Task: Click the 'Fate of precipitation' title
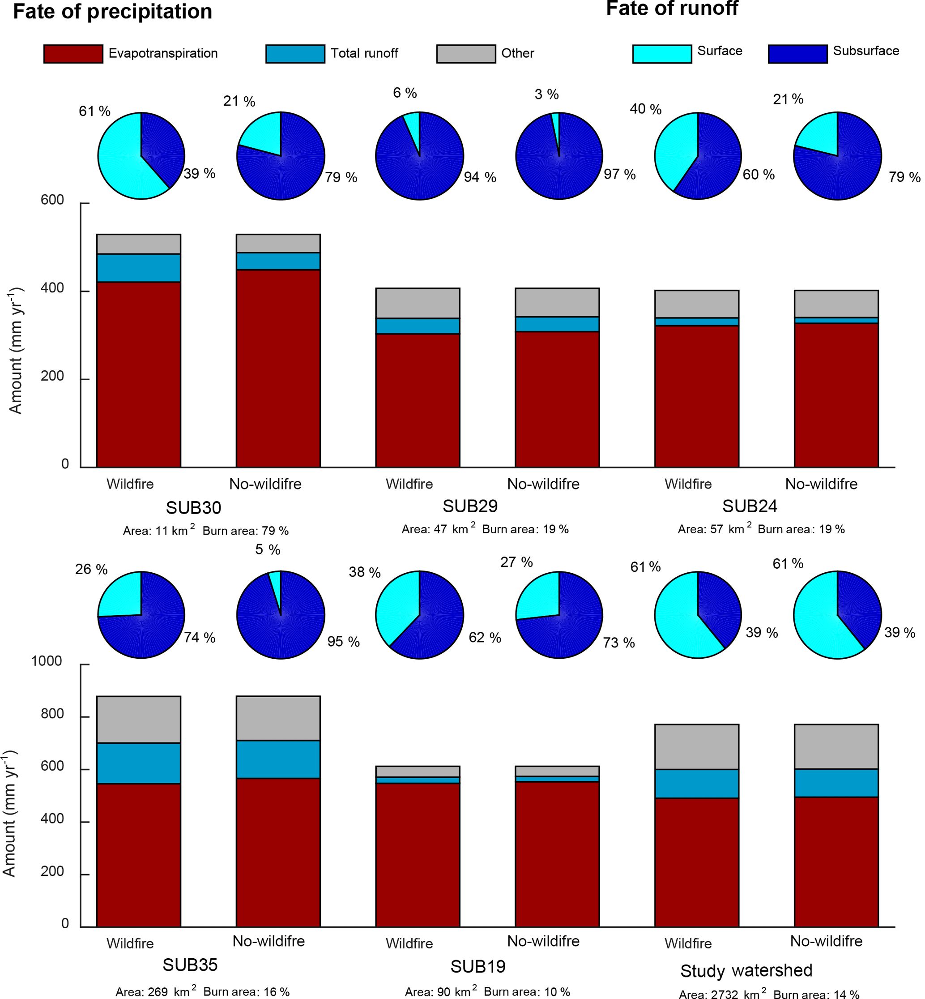pyautogui.click(x=113, y=12)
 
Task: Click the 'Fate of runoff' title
pyautogui.click(x=672, y=9)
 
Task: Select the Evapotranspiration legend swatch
pyautogui.click(x=73, y=54)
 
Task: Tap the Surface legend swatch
pyautogui.click(x=662, y=54)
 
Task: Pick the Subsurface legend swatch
pyautogui.click(x=797, y=54)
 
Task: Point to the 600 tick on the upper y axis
pyautogui.click(x=52, y=200)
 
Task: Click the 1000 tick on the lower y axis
pyautogui.click(x=47, y=661)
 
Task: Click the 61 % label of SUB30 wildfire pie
pyautogui.click(x=94, y=111)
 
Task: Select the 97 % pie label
pyautogui.click(x=620, y=174)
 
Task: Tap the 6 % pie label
pyautogui.click(x=405, y=93)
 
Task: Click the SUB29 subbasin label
pyautogui.click(x=470, y=506)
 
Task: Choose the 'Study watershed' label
pyautogui.click(x=746, y=970)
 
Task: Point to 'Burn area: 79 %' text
pyautogui.click(x=245, y=531)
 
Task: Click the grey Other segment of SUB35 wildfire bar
pyautogui.click(x=139, y=719)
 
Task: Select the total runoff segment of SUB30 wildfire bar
pyautogui.click(x=139, y=268)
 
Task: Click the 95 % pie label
pyautogui.click(x=343, y=642)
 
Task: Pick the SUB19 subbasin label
pyautogui.click(x=478, y=966)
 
